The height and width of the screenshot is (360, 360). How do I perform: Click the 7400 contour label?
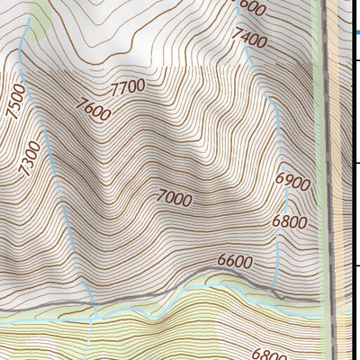[x=249, y=38]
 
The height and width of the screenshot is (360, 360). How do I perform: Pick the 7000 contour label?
[x=174, y=198]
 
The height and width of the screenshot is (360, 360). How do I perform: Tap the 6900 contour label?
[x=292, y=183]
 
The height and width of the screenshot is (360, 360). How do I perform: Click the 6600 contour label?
[x=236, y=262]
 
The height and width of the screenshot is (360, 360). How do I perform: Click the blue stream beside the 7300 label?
[x=54, y=162]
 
